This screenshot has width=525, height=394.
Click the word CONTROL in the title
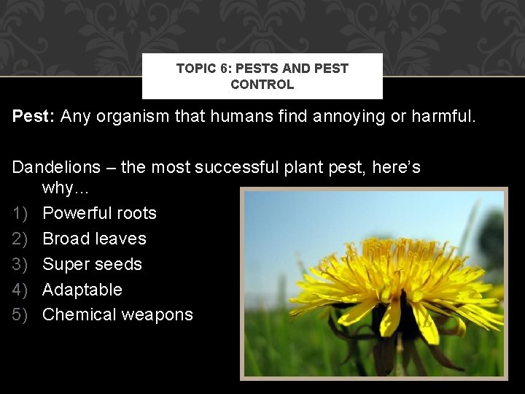(x=262, y=85)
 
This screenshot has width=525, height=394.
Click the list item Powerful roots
(x=99, y=213)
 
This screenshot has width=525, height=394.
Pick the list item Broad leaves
(x=94, y=239)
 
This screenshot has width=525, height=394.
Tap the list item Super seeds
(x=92, y=264)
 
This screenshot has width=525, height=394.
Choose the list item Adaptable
(x=82, y=290)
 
